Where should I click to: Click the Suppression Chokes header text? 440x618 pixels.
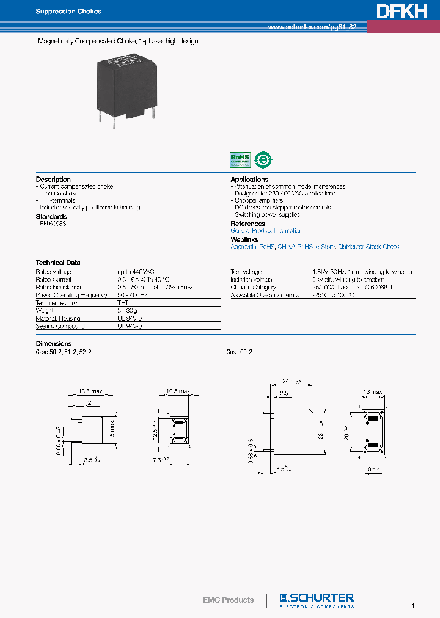click(x=68, y=12)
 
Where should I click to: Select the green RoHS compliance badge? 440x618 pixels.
click(x=240, y=159)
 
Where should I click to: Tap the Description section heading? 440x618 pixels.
click(x=53, y=180)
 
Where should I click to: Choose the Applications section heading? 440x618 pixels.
click(x=249, y=180)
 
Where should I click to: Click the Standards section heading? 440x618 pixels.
click(x=51, y=216)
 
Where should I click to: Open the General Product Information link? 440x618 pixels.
click(x=266, y=231)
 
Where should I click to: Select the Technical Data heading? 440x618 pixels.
click(x=58, y=263)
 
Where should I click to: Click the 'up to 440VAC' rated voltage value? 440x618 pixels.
click(x=138, y=272)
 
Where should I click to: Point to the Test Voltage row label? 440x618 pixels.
click(x=246, y=272)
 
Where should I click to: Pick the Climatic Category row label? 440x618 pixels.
click(x=253, y=287)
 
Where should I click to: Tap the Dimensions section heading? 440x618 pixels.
click(x=54, y=344)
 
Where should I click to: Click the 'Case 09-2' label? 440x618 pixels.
click(x=239, y=352)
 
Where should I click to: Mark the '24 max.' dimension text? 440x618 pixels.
click(x=293, y=381)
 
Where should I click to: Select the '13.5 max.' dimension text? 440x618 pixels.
click(x=91, y=391)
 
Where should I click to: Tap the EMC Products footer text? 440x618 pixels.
click(x=228, y=600)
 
